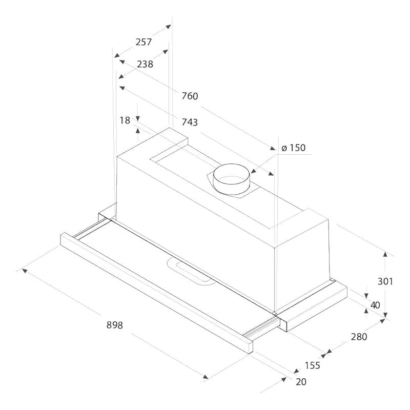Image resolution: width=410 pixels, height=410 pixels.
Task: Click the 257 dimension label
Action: (x=143, y=42)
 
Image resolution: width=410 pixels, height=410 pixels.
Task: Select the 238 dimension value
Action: (x=145, y=64)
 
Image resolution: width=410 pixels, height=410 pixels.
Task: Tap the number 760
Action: (x=190, y=96)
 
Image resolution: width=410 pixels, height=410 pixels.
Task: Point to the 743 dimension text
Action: (x=190, y=122)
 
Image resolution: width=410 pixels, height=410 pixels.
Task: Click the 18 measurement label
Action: (x=125, y=120)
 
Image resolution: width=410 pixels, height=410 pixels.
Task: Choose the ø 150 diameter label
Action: (x=293, y=148)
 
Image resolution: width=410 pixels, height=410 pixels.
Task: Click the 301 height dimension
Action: (x=385, y=281)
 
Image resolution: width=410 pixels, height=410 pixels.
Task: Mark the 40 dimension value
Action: (x=376, y=305)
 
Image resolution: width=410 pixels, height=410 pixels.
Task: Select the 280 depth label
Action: (x=359, y=337)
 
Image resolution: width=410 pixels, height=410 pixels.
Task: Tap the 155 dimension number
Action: (x=312, y=365)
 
